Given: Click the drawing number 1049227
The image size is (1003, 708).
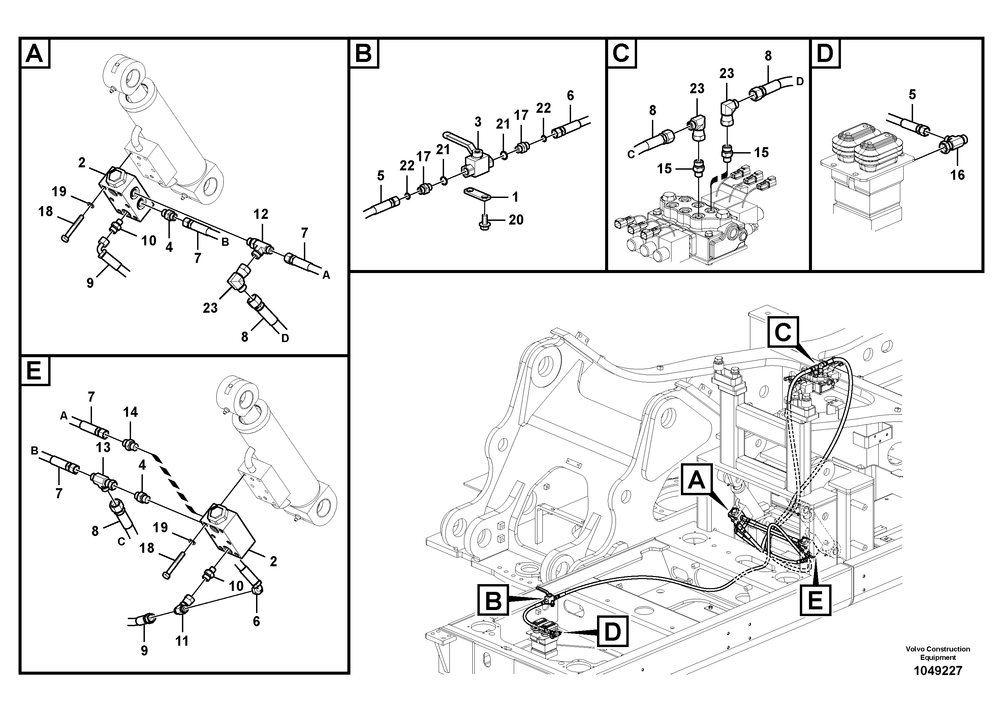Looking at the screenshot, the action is coord(938,670).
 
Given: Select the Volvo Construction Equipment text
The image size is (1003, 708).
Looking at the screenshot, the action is coord(938,653).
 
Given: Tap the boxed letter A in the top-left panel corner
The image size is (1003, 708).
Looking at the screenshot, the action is coord(35,54).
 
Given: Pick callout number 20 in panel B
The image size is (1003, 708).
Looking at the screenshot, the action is coord(516,220).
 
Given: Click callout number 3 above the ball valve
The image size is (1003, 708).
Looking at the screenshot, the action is coord(477,122).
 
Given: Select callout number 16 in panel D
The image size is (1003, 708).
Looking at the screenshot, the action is coord(957,175).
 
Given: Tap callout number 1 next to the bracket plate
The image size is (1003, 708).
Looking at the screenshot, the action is coord(515,197).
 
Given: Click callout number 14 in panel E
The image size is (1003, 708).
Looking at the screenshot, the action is coord(130,412).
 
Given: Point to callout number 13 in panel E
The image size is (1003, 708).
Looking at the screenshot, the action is coord(103,447).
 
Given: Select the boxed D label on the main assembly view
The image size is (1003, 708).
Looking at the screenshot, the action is coord(613,632).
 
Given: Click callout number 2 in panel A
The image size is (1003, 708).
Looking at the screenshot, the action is coord(82,163).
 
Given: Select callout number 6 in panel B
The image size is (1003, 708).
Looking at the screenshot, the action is coord(570,96).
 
